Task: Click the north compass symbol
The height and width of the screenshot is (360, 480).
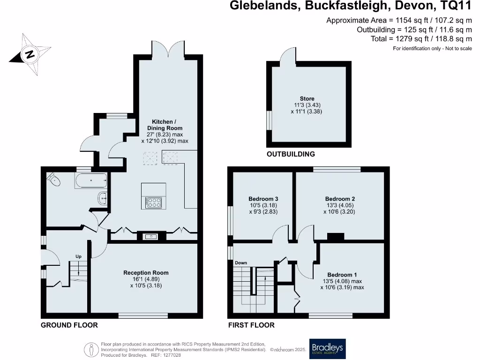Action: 30,54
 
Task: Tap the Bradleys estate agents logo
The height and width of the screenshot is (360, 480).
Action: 327,349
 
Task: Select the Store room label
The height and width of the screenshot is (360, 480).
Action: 307,98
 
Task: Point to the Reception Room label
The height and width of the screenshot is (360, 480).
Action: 146,273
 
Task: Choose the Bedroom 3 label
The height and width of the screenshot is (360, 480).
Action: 260,199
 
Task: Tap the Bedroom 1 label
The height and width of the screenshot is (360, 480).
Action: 342,275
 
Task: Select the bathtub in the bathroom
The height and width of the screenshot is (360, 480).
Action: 90,180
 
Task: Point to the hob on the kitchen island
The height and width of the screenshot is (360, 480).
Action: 154,202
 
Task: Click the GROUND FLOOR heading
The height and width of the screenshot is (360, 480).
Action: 69,325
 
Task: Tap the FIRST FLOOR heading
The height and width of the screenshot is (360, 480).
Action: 251,325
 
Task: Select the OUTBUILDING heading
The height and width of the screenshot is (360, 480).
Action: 291,154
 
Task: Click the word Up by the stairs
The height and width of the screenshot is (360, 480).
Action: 79,256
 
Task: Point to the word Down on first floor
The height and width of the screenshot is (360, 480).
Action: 241,263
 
